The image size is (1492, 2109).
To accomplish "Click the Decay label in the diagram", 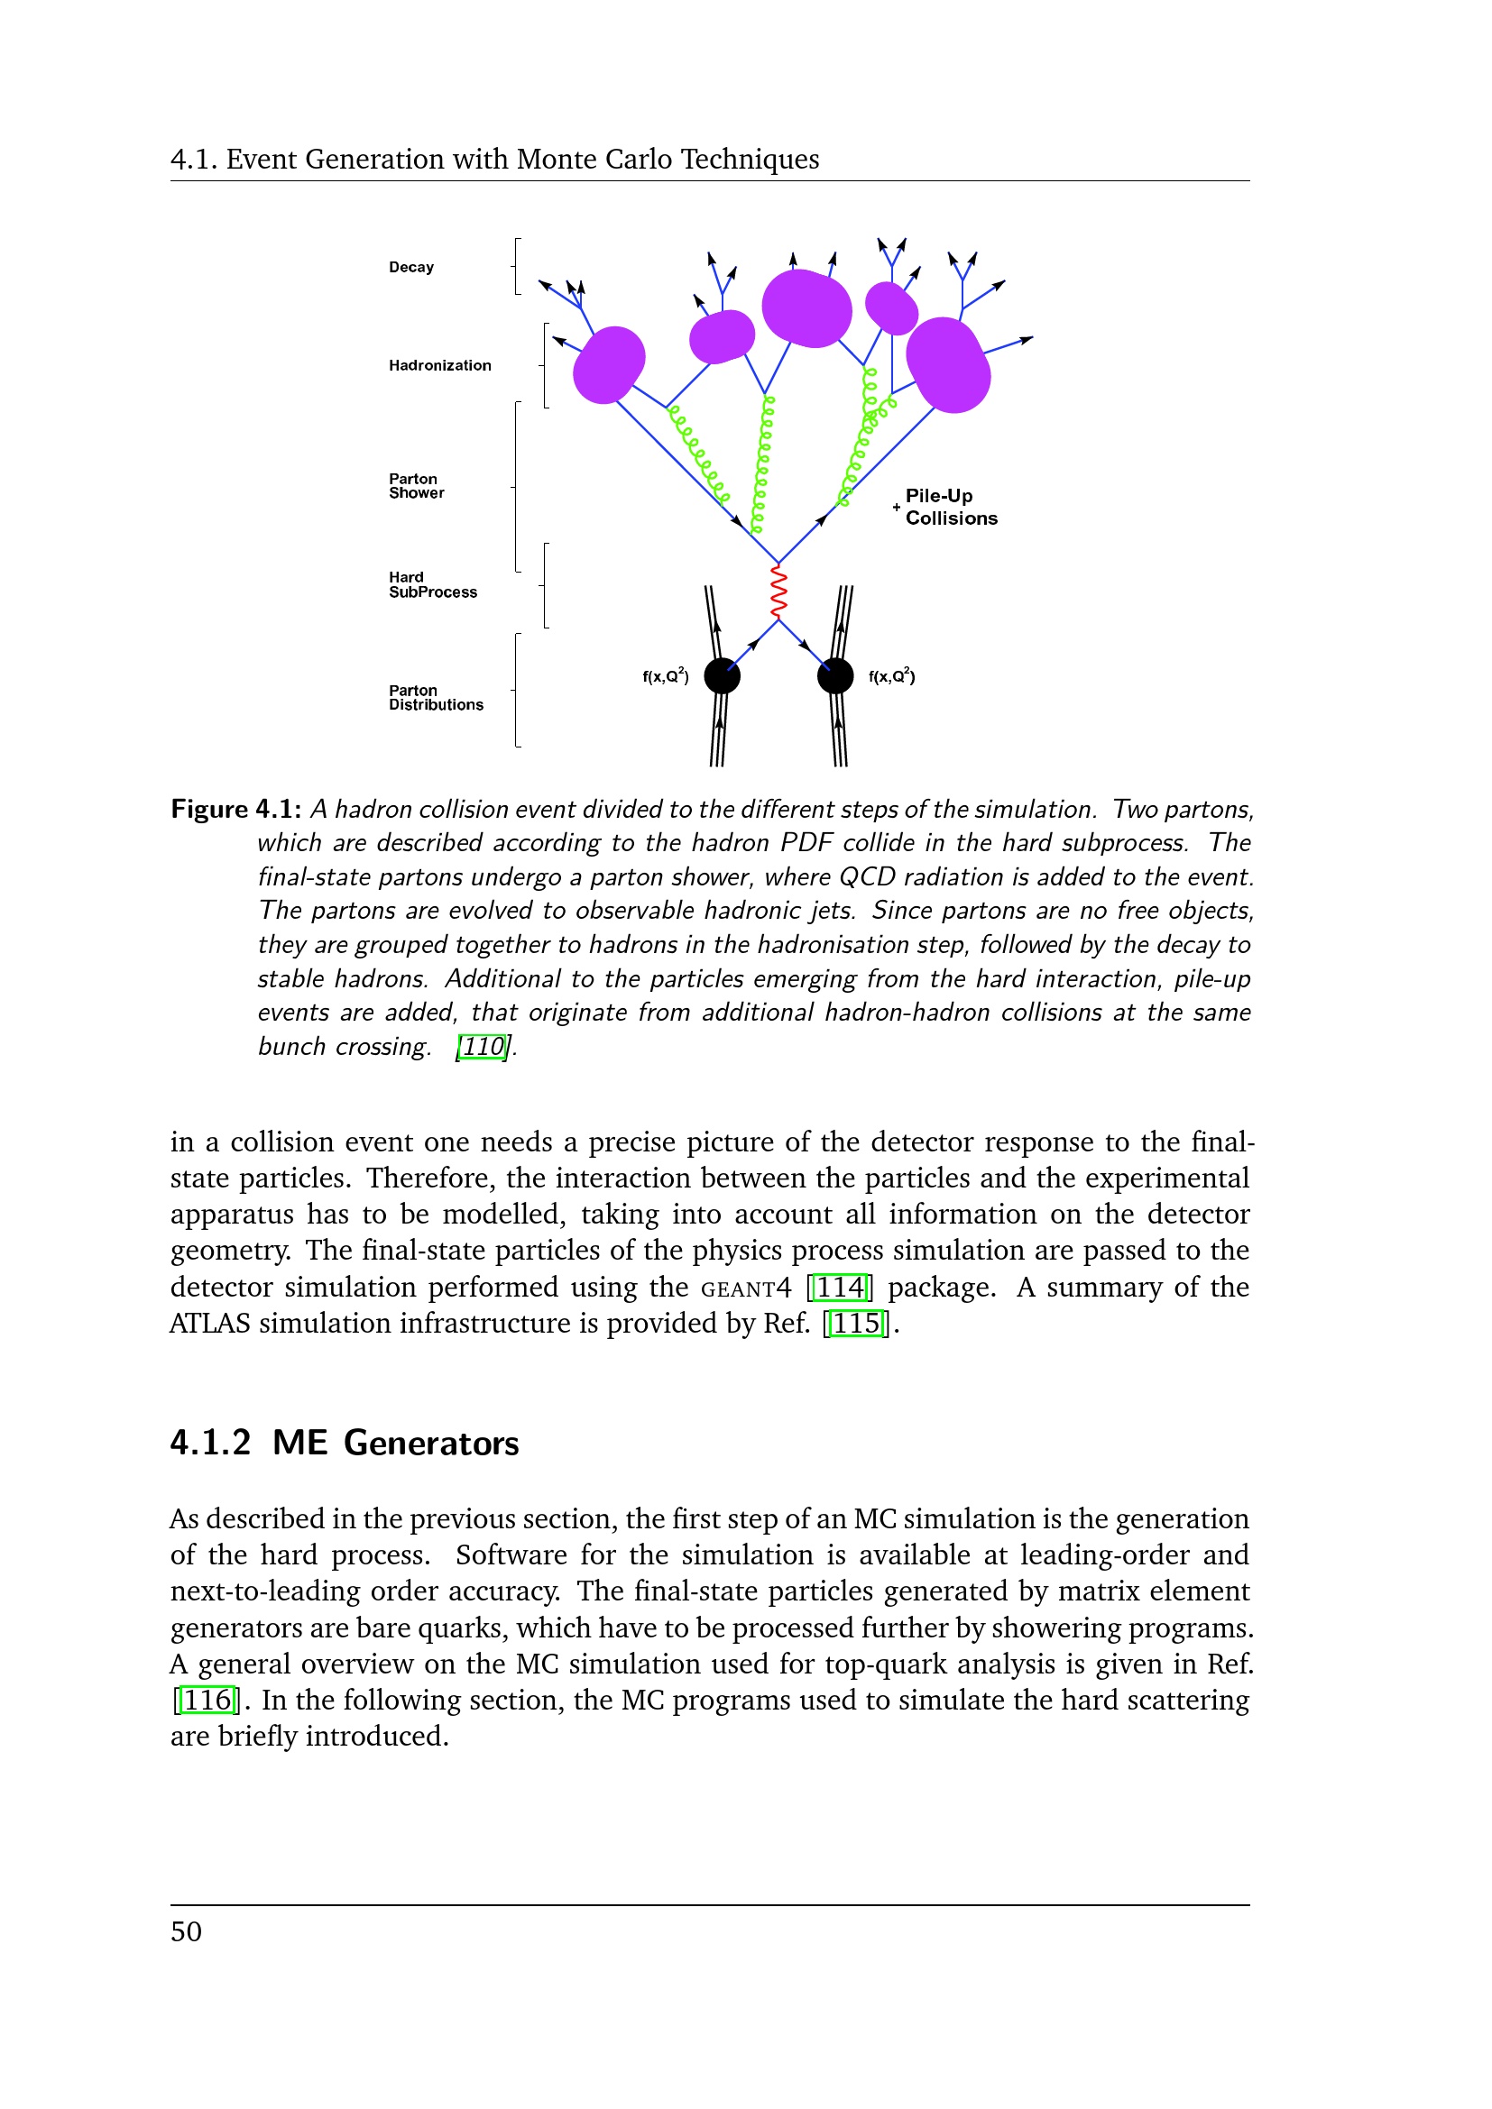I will tap(410, 267).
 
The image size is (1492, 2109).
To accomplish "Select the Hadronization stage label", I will tap(439, 365).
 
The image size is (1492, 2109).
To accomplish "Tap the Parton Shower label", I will tap(416, 486).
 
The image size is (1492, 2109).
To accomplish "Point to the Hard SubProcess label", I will tap(433, 585).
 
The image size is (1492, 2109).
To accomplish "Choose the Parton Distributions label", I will tap(436, 698).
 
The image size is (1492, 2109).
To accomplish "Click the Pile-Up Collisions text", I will tap(950, 507).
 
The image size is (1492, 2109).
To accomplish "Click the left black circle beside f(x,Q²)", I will tap(723, 676).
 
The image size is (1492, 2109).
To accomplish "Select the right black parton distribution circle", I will tap(835, 676).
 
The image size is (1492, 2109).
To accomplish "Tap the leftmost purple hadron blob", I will tap(608, 364).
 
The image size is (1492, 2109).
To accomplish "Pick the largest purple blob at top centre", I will tap(806, 307).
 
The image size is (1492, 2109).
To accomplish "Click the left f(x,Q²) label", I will tap(665, 676).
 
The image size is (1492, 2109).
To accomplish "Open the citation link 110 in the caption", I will tap(483, 1046).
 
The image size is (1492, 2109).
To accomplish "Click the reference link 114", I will tap(841, 1287).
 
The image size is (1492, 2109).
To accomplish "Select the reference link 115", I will tap(856, 1324).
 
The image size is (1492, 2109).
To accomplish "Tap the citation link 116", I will tap(207, 1701).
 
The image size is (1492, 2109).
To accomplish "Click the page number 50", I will tap(187, 1931).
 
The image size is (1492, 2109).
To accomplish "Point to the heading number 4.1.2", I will tap(210, 1443).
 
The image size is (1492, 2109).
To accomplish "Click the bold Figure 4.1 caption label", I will tap(236, 809).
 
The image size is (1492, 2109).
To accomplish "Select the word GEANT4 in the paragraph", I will tap(745, 1288).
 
